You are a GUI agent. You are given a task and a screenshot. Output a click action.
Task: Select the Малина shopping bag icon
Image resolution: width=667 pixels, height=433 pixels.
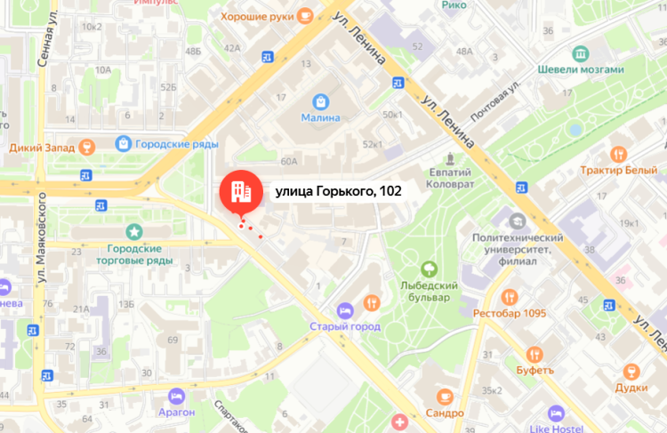coord(319,101)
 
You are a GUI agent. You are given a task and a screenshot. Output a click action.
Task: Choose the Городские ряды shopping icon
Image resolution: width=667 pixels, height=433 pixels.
coord(123,142)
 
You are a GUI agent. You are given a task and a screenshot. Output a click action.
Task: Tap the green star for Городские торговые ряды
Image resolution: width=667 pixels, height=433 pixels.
coord(134,232)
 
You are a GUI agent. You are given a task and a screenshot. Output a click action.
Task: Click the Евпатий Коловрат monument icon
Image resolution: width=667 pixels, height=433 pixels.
coord(452,160)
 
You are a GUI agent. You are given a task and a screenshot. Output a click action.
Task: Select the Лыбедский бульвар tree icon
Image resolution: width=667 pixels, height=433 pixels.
coord(429,268)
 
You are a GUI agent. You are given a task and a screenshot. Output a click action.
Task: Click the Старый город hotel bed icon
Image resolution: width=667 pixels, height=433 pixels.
coord(345,309)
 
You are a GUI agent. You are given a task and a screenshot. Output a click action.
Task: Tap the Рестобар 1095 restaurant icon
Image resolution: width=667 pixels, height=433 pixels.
coord(509,296)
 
